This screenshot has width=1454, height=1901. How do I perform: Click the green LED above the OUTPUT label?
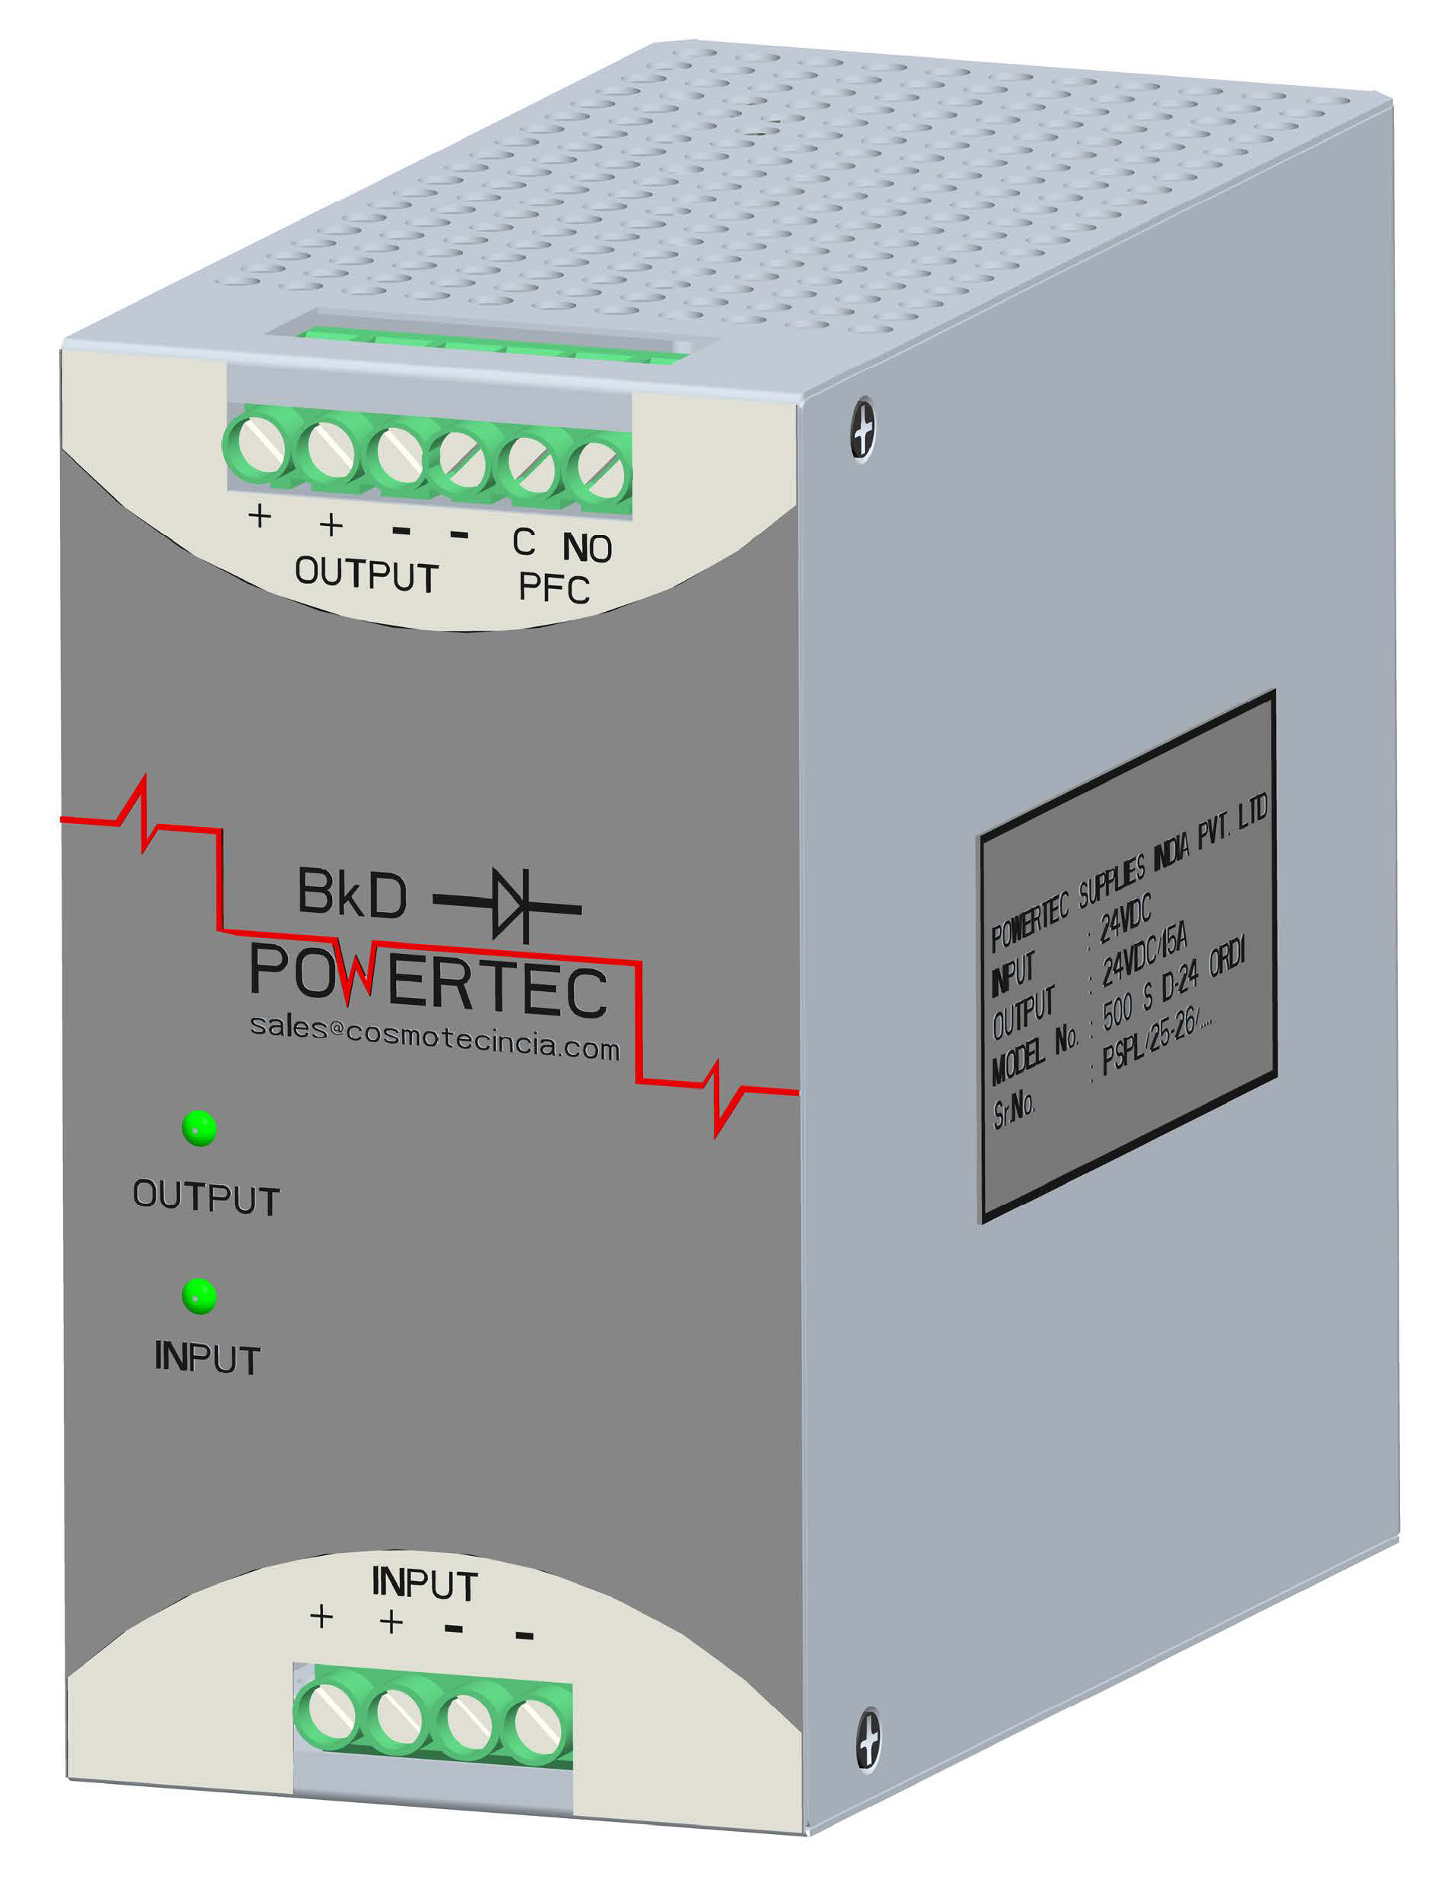click(x=199, y=1128)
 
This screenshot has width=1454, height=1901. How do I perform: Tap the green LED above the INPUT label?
click(x=199, y=1296)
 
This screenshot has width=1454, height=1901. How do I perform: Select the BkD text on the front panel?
click(x=351, y=893)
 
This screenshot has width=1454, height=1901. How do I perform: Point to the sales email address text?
click(x=435, y=1037)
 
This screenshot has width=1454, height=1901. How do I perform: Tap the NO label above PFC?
click(x=587, y=548)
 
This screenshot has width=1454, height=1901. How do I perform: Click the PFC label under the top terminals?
click(x=554, y=588)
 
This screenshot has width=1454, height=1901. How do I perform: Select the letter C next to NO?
click(x=524, y=543)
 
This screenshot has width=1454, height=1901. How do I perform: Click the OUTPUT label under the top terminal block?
click(x=366, y=575)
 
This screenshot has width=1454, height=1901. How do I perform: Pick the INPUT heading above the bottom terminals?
click(x=424, y=1583)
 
